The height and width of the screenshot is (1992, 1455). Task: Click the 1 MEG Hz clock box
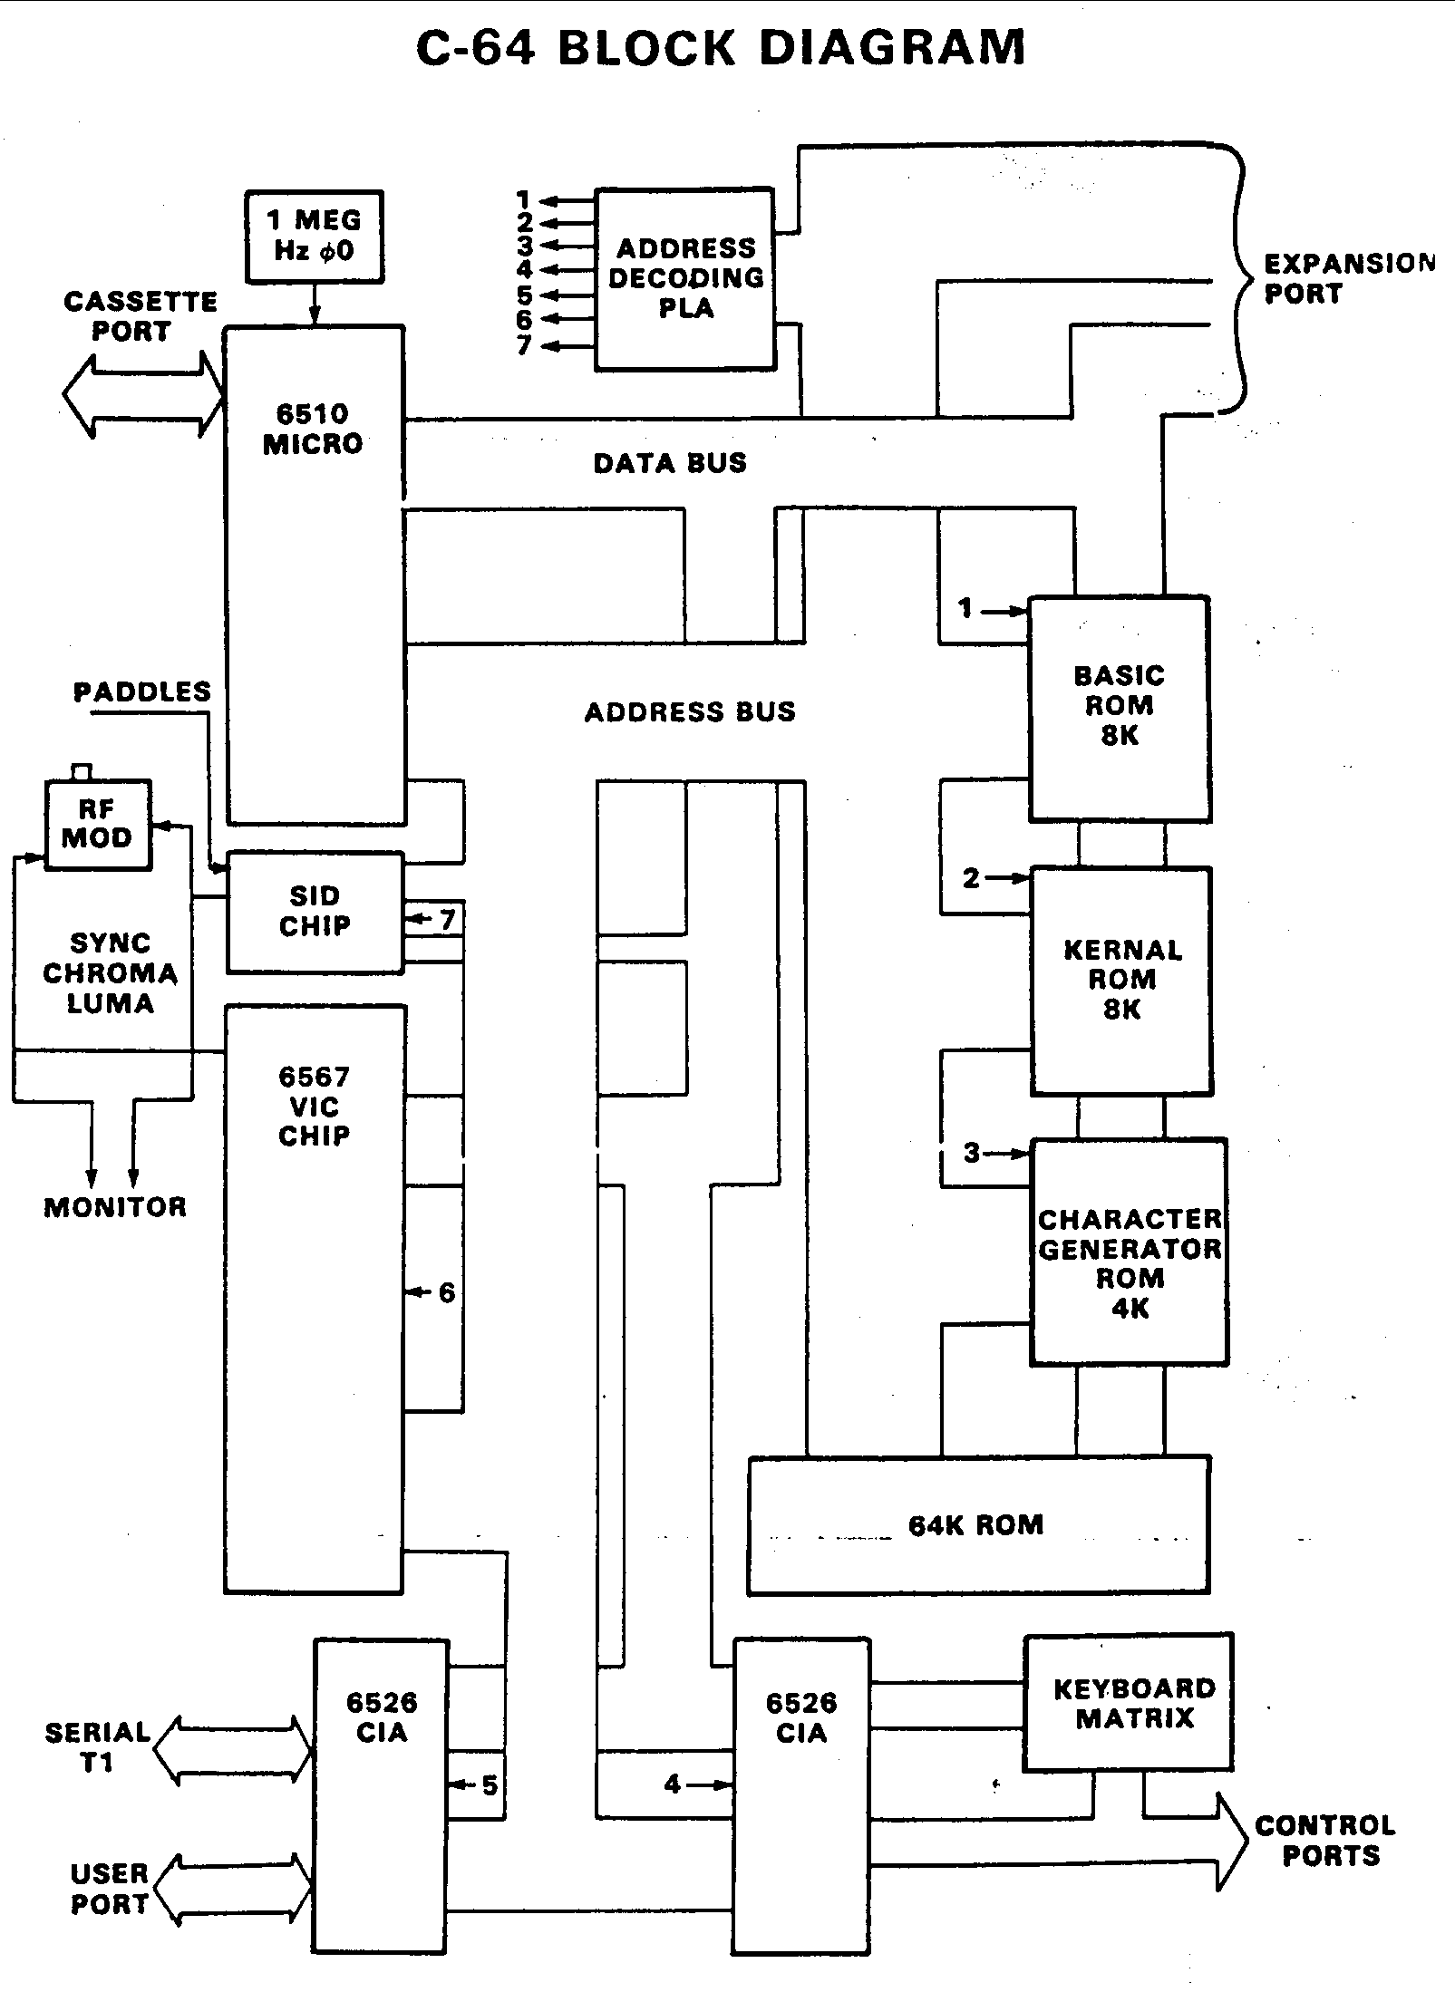[314, 236]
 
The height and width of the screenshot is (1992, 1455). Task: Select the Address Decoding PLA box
[685, 278]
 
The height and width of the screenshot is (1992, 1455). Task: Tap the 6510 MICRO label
[313, 429]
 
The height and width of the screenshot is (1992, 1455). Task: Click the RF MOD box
[98, 824]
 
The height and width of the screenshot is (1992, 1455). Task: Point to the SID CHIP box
[314, 911]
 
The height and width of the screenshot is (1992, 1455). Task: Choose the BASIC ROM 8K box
[1119, 707]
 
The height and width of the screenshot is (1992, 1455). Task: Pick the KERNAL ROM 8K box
[1121, 980]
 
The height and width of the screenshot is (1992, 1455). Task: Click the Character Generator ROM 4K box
[1129, 1263]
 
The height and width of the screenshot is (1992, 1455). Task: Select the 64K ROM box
[977, 1524]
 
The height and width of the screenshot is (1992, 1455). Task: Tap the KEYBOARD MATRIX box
[1129, 1703]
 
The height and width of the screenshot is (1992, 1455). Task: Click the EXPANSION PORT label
[1347, 278]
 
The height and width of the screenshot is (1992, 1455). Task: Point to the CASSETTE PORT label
[140, 315]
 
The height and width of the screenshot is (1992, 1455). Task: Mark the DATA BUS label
[670, 463]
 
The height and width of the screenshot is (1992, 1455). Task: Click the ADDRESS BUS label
[690, 711]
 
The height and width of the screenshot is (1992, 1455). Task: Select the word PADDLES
[141, 692]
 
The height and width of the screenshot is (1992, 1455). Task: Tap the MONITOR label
[115, 1206]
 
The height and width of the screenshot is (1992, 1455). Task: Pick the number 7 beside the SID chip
[447, 919]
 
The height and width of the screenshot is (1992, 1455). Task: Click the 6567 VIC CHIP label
[314, 1106]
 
